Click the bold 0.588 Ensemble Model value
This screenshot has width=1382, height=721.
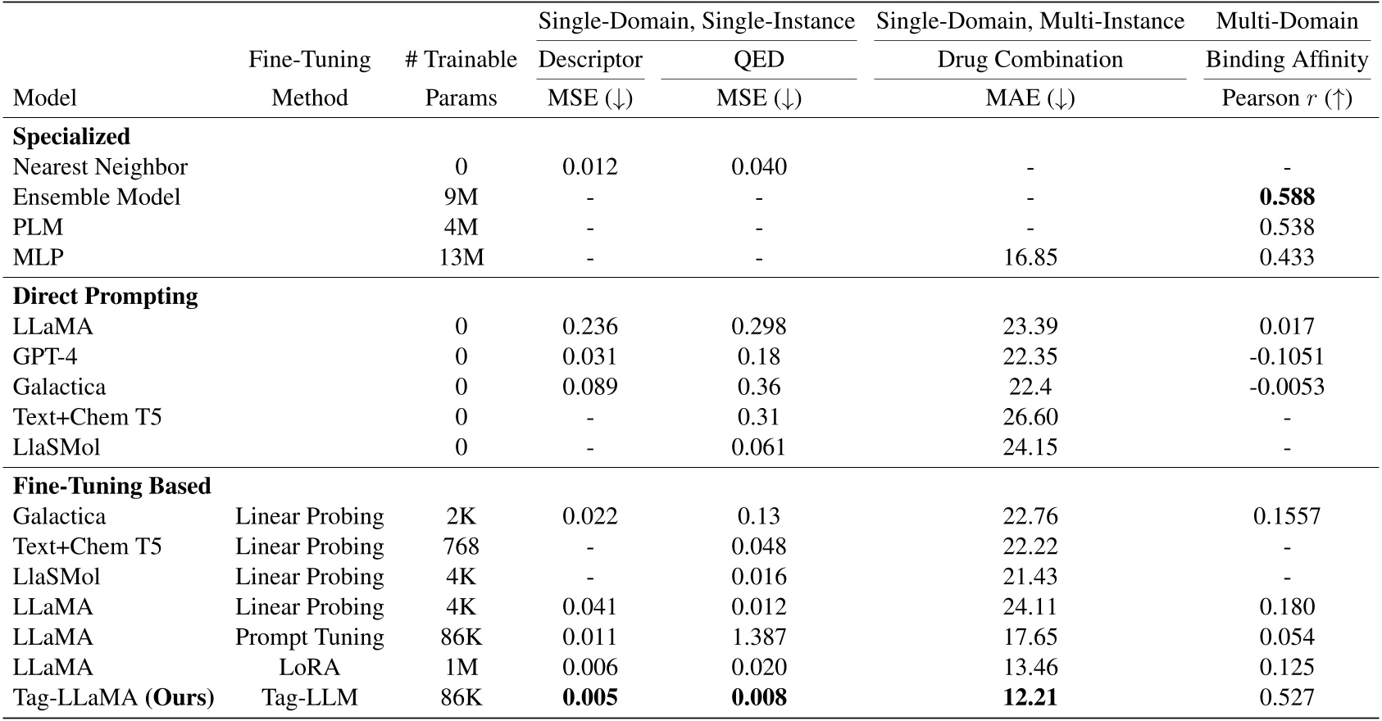(1286, 197)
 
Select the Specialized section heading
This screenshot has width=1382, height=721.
(71, 137)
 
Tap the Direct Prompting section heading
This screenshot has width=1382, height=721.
(105, 297)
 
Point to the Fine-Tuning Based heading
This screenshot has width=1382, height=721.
(111, 487)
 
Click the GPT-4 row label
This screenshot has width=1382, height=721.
(45, 357)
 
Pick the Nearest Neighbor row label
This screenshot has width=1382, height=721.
(100, 167)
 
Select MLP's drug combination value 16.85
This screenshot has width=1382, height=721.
(1030, 258)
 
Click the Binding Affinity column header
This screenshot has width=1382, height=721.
(1286, 60)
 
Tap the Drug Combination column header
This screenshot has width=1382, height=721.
(1030, 60)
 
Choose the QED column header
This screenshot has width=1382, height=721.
(758, 60)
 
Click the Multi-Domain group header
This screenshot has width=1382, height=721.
(1286, 21)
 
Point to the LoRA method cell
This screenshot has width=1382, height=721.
(309, 668)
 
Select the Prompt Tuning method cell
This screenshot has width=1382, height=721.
(309, 637)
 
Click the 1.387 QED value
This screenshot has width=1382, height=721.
(758, 637)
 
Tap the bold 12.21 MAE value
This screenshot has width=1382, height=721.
(1030, 698)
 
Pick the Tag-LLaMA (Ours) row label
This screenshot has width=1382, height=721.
(113, 698)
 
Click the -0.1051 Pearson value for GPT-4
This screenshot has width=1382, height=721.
(1286, 357)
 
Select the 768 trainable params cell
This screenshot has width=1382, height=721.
(461, 546)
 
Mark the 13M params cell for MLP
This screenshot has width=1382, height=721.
(461, 258)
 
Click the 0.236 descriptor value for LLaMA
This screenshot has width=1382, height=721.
(589, 327)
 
